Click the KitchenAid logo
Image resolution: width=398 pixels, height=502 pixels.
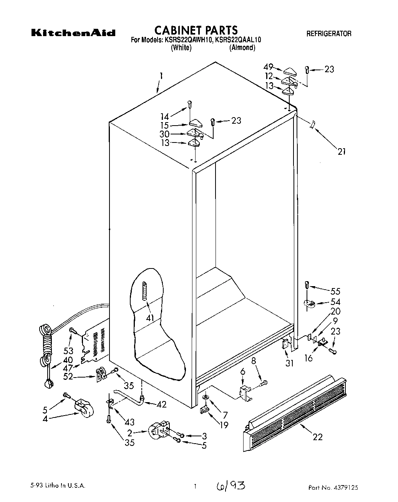click(73, 33)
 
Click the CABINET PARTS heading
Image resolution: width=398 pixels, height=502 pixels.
click(196, 30)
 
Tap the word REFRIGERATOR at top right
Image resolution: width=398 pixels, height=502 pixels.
click(328, 34)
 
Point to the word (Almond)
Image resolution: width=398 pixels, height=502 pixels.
click(242, 48)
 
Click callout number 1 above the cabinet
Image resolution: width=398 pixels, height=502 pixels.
click(161, 76)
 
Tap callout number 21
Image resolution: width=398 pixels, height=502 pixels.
click(342, 151)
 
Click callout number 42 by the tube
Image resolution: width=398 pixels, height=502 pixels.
click(162, 404)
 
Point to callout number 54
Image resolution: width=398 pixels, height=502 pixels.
click(335, 302)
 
